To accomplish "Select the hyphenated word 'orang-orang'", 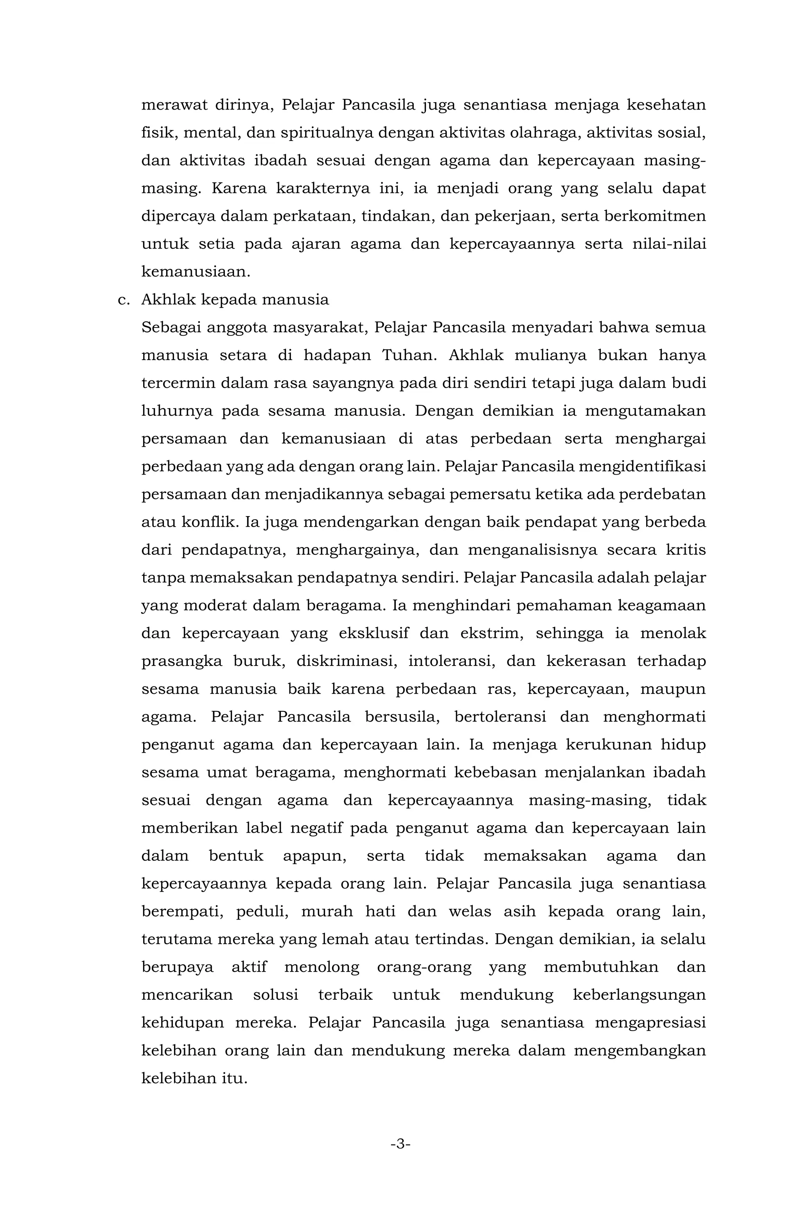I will [424, 967].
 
